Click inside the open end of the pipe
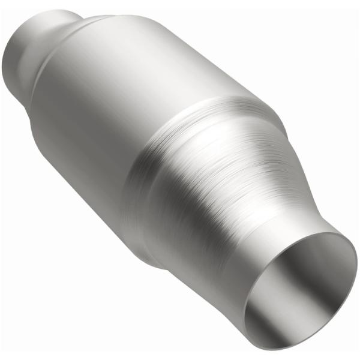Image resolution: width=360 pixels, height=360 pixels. coord(300,288)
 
